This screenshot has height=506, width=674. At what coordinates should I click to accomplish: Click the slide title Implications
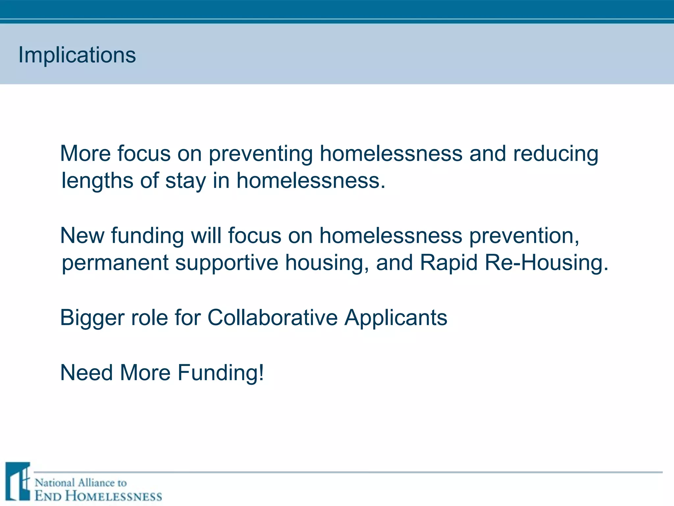coord(77,55)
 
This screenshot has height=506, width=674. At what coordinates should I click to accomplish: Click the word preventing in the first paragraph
coord(261,154)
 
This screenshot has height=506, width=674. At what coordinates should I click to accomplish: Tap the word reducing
coord(556,154)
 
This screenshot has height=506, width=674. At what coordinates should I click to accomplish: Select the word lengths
coord(97,181)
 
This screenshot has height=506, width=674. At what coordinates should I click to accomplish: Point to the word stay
coord(185,181)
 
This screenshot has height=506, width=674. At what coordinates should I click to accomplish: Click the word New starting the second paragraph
coord(82,236)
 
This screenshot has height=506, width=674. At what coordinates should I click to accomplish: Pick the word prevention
coord(524,237)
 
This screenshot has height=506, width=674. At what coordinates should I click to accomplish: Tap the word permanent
coord(115,263)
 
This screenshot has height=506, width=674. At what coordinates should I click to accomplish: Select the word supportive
coord(226,263)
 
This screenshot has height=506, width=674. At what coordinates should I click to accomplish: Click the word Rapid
coord(449,263)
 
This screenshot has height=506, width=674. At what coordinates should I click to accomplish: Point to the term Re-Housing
coord(546,263)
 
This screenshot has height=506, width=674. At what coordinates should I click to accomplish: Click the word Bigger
coord(92,318)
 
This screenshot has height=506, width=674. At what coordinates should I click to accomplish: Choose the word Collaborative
coord(272,318)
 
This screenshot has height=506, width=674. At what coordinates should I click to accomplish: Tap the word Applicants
coord(396,318)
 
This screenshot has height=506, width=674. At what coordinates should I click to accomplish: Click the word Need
coord(87,373)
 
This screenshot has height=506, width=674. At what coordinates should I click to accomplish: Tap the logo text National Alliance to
coord(81,483)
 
